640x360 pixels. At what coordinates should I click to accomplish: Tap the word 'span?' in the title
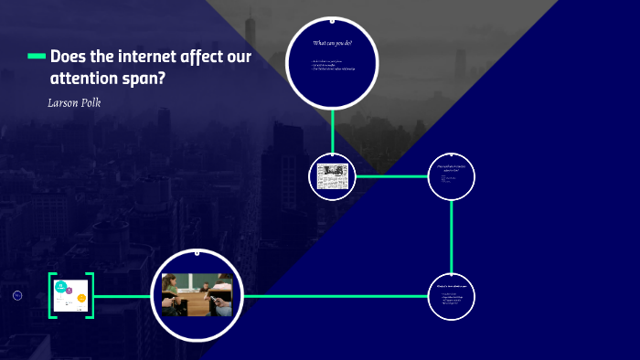point(147,79)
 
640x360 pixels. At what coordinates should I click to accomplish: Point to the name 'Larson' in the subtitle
point(64,101)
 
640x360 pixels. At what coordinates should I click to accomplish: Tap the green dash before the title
point(37,57)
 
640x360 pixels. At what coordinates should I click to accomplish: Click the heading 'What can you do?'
point(333,44)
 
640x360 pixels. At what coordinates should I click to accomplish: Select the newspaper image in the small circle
point(332,175)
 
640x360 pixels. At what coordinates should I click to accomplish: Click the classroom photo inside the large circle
point(197,295)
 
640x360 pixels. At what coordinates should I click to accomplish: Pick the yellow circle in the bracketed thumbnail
point(81,298)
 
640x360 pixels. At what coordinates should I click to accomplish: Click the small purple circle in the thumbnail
point(69,290)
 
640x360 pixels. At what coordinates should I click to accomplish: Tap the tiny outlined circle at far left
point(17,295)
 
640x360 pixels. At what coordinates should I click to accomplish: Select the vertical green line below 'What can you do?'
point(332,130)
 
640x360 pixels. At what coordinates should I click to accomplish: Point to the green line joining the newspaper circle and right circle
point(391,175)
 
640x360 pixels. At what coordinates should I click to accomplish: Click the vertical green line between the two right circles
point(452,236)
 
